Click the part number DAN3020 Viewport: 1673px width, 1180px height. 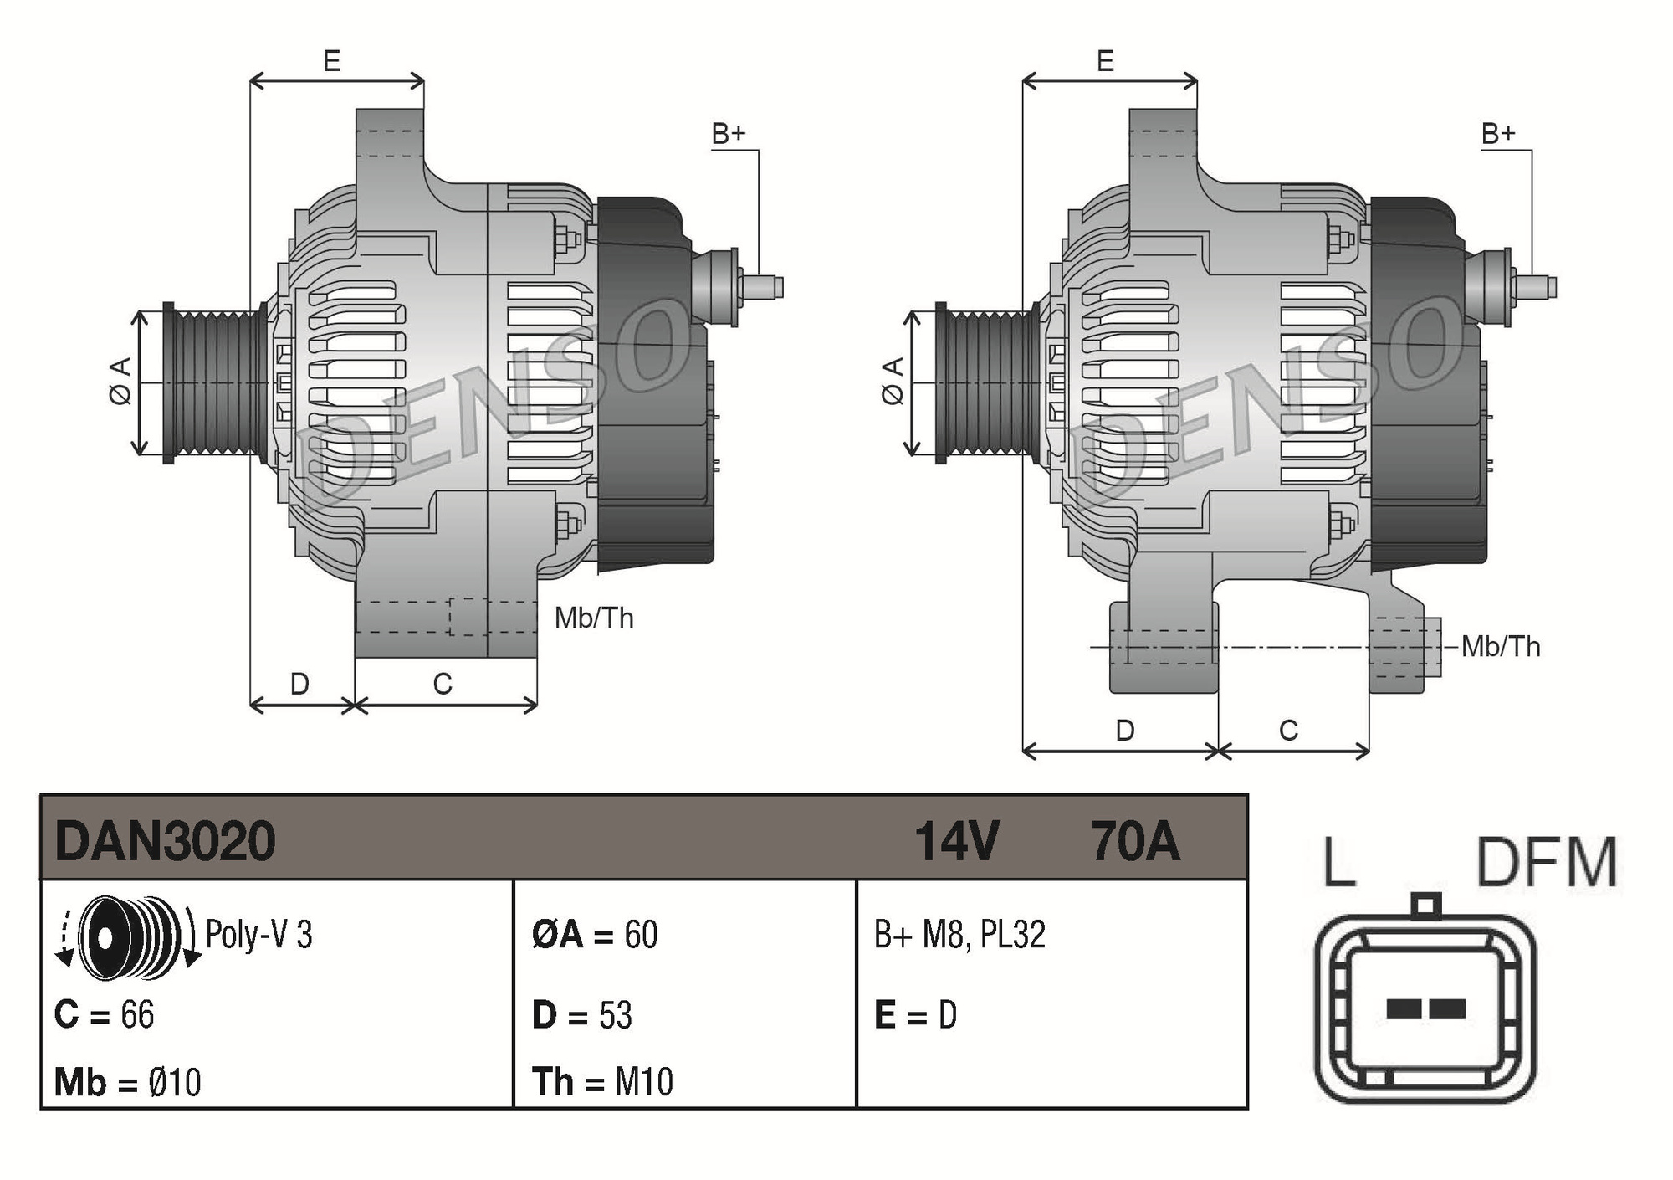point(165,840)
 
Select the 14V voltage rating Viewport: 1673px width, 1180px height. point(956,840)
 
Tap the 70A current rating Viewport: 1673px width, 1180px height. point(1134,840)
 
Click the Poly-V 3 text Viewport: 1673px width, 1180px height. point(258,935)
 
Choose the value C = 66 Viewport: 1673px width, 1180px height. point(105,1014)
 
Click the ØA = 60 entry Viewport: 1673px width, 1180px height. point(595,934)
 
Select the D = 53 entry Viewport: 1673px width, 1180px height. point(582,1015)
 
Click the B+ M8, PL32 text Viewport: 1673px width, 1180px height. point(959,934)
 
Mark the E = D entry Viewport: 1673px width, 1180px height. point(915,1015)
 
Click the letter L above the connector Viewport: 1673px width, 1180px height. point(1338,862)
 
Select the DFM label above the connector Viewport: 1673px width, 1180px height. point(1547,862)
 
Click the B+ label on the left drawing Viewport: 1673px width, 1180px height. point(728,133)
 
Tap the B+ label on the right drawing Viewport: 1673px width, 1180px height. point(1498,133)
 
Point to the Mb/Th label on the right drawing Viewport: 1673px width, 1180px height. point(1501,647)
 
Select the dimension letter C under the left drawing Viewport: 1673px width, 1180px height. point(443,684)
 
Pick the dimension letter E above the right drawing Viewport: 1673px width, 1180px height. point(1105,61)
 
